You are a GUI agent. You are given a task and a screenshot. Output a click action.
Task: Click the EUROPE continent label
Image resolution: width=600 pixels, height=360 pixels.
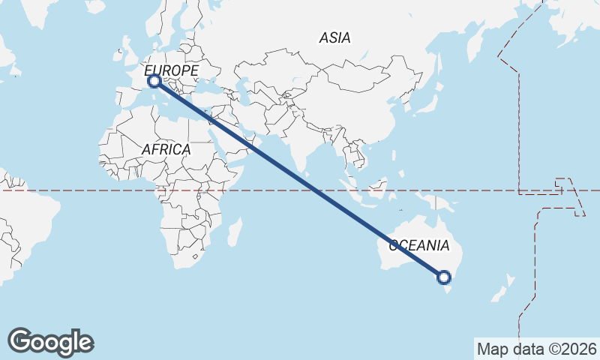tap(172, 70)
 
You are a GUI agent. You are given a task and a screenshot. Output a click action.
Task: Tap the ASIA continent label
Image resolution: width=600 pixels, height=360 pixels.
tap(334, 37)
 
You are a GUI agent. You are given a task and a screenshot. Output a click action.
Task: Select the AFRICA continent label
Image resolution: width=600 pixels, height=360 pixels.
tap(166, 149)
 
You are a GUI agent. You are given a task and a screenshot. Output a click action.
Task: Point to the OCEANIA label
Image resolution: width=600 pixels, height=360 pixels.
tap(418, 245)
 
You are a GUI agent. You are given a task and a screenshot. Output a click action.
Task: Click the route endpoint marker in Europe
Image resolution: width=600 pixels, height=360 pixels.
tap(154, 80)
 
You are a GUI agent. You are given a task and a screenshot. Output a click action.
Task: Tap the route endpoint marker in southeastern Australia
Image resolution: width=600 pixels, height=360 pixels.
tap(444, 277)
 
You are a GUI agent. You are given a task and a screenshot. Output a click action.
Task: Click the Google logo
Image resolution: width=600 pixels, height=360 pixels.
tap(50, 342)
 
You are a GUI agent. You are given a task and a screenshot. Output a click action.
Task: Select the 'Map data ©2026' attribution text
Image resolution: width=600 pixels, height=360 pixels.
tap(536, 349)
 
